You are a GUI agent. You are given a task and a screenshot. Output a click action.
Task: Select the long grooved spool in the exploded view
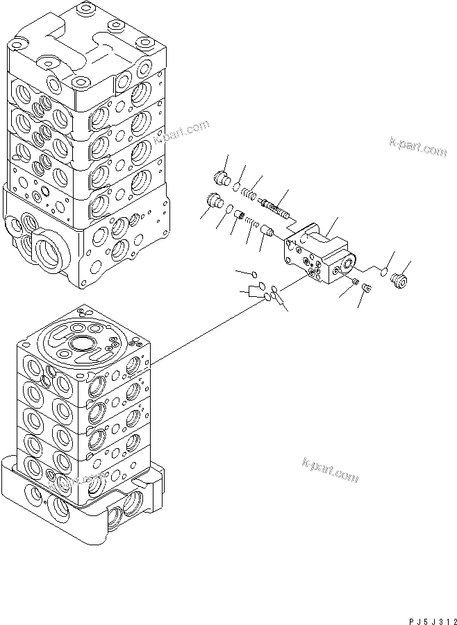[x=276, y=206]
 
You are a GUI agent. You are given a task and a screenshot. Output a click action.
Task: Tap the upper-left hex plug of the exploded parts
[x=223, y=177]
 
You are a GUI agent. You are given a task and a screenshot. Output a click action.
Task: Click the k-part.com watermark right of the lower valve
[x=330, y=470]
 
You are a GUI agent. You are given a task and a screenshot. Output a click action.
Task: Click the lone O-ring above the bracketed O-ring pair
[x=255, y=273]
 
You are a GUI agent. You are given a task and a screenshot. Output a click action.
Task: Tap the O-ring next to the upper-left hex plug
[x=238, y=185]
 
